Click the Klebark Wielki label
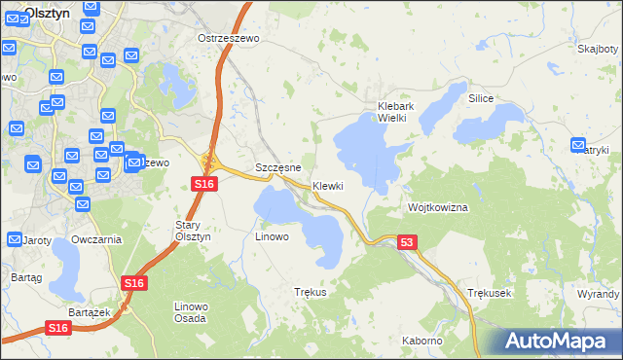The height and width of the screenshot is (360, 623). point(397,112)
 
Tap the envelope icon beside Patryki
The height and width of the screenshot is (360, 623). point(579,145)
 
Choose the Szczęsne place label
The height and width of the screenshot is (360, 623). point(278,167)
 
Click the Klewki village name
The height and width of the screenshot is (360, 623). point(328,186)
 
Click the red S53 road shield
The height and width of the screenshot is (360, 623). point(409,242)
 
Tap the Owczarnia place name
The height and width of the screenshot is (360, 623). point(96,239)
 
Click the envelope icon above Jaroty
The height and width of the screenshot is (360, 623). point(15,238)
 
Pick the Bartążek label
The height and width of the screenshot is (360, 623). point(87,312)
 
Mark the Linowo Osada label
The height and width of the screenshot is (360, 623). point(189,312)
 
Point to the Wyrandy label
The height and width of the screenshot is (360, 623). point(598,293)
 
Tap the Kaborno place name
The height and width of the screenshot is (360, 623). point(422,341)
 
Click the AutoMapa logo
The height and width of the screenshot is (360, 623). point(556,342)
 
